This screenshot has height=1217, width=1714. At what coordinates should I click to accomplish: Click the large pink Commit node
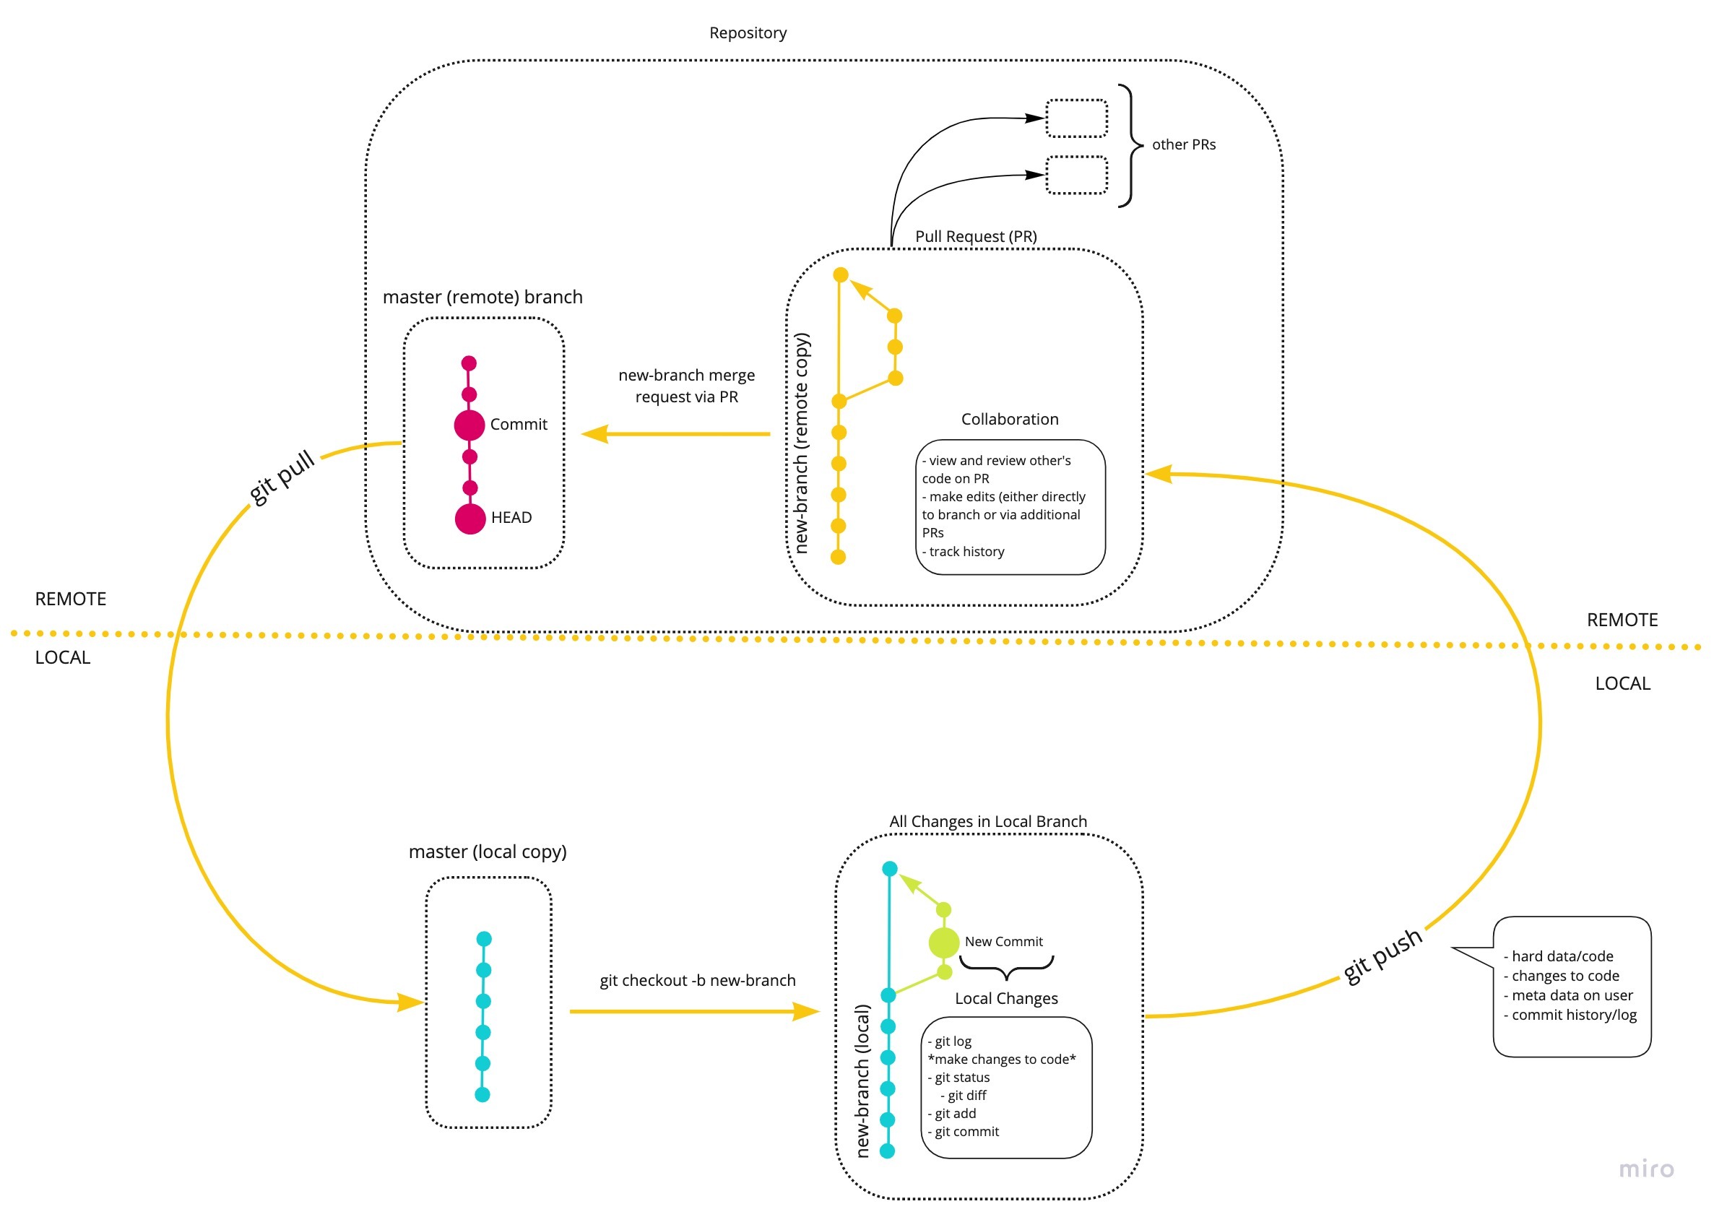click(x=469, y=425)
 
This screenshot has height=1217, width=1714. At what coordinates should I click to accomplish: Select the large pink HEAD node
click(x=470, y=519)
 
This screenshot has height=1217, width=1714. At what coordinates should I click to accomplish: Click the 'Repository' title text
click(x=747, y=33)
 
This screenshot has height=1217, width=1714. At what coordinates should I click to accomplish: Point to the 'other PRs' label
click(x=1182, y=144)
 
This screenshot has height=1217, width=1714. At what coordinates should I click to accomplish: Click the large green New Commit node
click(x=943, y=942)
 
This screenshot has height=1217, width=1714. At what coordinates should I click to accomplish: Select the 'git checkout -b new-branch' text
click(x=697, y=980)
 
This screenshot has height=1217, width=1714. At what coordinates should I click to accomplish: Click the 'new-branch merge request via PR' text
click(x=685, y=386)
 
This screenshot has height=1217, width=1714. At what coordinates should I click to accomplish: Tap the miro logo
click(x=1646, y=1169)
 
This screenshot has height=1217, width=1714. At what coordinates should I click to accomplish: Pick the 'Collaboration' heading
click(x=1010, y=419)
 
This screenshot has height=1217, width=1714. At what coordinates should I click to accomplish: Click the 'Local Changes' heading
click(x=1005, y=998)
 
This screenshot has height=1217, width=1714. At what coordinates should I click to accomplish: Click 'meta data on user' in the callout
click(x=1571, y=995)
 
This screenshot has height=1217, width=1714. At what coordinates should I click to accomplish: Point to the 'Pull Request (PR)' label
click(x=975, y=236)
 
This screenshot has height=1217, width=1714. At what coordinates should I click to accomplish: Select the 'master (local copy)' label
click(x=487, y=852)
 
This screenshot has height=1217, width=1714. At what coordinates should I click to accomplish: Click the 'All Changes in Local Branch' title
click(x=987, y=821)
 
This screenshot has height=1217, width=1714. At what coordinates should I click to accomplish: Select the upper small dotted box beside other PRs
click(x=1076, y=118)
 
